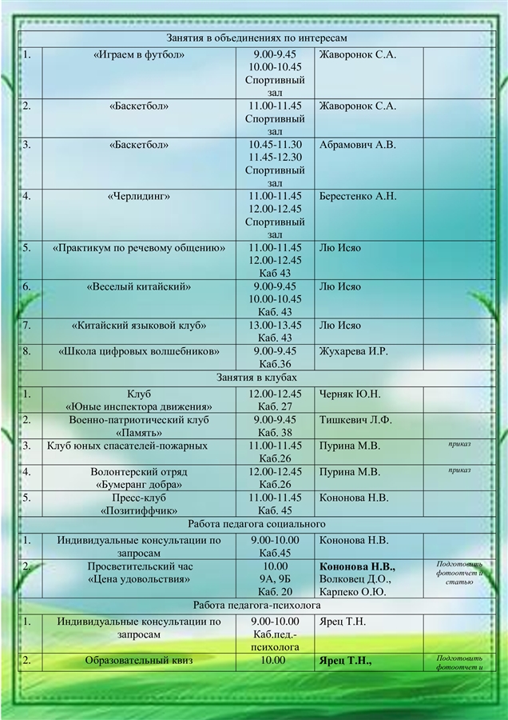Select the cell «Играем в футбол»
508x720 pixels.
(x=139, y=55)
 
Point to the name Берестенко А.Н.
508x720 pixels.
(x=358, y=196)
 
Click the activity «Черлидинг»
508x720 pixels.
(x=139, y=196)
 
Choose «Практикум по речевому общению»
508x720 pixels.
(x=139, y=248)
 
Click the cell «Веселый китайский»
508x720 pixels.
(x=139, y=286)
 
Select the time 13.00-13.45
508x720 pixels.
(x=275, y=325)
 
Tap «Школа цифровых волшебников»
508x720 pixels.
(x=139, y=350)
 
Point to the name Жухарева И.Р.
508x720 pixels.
(x=353, y=350)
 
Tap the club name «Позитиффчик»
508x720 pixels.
(x=139, y=510)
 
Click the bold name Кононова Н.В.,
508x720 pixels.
(x=357, y=566)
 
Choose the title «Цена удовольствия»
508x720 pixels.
(x=139, y=579)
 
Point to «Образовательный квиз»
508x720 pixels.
(x=139, y=661)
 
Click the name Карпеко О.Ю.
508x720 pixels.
(x=352, y=592)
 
